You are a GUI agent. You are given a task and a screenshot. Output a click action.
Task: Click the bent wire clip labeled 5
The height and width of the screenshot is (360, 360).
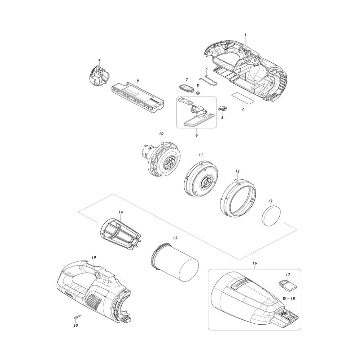[208, 79]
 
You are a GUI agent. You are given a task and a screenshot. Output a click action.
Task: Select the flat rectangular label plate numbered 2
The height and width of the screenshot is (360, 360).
[243, 98]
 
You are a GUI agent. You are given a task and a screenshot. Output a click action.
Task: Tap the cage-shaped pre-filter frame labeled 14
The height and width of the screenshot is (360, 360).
[121, 234]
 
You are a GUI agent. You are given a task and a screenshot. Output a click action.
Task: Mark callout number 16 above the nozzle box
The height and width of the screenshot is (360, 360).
[255, 263]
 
